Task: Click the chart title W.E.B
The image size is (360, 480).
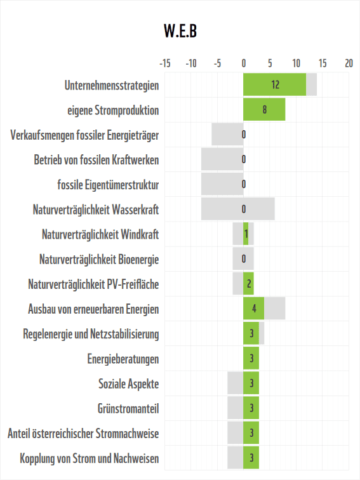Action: point(180,31)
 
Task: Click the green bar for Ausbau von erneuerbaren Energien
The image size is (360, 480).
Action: point(253,309)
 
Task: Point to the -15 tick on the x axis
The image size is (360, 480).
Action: point(164,63)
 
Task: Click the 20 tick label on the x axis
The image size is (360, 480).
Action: point(349,63)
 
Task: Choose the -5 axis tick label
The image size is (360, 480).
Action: point(217,63)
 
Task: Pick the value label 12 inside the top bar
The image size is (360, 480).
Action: point(275,84)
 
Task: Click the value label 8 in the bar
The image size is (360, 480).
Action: point(264,109)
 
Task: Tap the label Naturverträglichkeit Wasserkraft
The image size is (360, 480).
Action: point(95,210)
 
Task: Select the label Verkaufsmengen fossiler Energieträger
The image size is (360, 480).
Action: point(84,135)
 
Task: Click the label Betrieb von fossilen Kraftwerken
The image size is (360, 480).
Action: point(97,159)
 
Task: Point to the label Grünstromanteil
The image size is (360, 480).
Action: point(128,408)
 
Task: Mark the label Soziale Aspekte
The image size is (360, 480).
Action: point(128,383)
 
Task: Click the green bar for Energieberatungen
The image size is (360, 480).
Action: point(251,359)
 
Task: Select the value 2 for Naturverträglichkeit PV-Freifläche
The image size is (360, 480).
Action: point(249,284)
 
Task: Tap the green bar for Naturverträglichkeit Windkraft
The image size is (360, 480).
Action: point(246,234)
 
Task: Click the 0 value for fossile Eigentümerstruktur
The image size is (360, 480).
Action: point(244,184)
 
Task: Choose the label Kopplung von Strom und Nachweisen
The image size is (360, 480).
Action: point(90,458)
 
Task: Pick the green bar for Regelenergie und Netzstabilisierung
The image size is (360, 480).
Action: point(251,334)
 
